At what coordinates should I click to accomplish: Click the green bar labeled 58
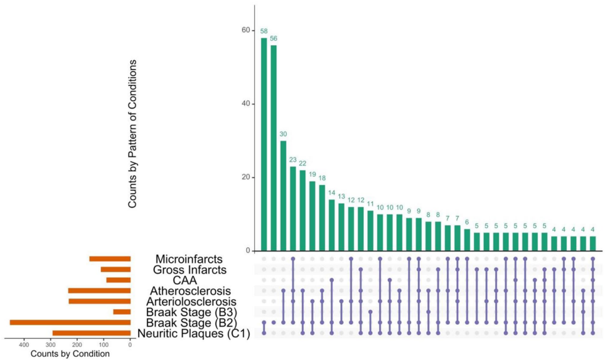click(264, 144)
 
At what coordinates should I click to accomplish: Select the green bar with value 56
click(274, 148)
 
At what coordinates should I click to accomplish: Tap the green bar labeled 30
click(283, 196)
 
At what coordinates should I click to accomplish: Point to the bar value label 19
click(313, 174)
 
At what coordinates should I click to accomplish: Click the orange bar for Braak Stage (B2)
click(70, 322)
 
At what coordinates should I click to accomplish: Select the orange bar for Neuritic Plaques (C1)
click(91, 333)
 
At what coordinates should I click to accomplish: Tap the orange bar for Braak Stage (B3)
click(122, 312)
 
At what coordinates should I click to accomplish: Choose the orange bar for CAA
click(118, 280)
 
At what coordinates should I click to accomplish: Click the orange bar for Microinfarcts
click(110, 258)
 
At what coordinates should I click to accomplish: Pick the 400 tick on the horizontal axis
click(25, 344)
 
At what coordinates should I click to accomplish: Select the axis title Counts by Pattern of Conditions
click(133, 134)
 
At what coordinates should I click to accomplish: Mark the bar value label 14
click(331, 193)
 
